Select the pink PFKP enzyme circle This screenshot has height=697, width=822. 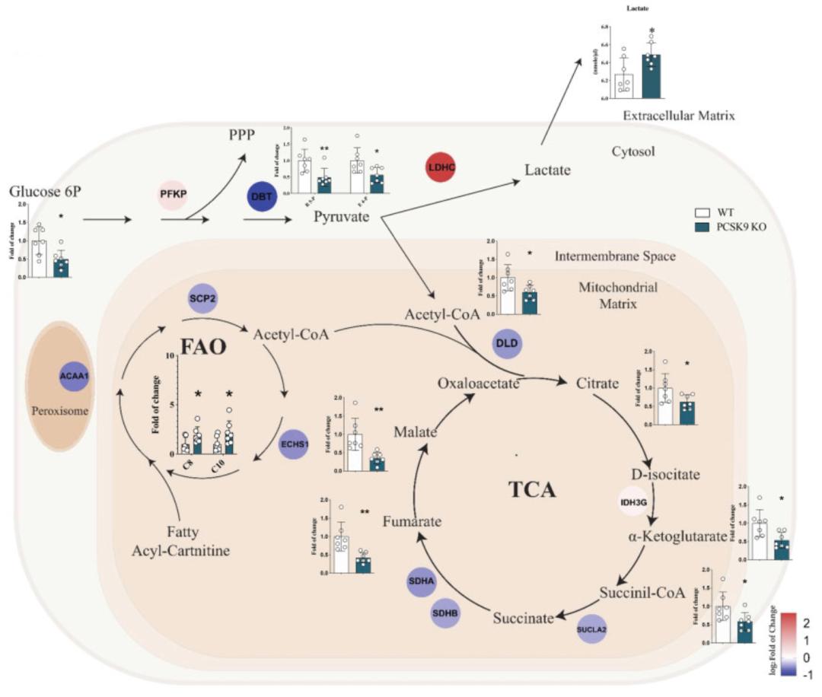point(173,195)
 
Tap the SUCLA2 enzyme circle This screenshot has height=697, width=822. point(596,629)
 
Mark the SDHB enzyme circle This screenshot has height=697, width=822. point(445,613)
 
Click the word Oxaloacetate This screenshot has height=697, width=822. point(478,383)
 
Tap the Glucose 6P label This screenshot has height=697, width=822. point(46,191)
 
